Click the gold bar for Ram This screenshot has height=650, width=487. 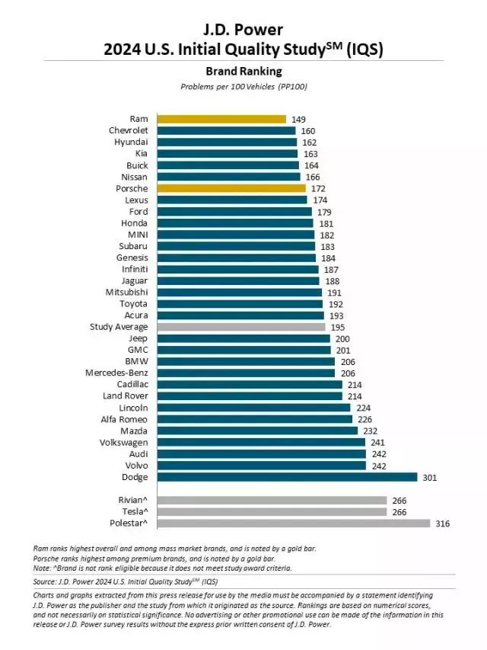[221, 119]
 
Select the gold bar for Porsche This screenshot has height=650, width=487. [231, 188]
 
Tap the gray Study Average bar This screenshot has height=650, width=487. [240, 326]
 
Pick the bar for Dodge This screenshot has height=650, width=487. [287, 477]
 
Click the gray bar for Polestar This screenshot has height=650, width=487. [293, 524]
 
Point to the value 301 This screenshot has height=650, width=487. [430, 477]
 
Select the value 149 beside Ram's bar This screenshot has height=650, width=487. [299, 119]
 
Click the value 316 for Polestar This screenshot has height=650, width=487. [443, 524]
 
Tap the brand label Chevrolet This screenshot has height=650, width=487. [129, 130]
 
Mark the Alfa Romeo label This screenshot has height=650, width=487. [125, 419]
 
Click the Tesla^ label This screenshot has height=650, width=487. [132, 512]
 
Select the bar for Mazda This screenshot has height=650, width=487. [257, 431]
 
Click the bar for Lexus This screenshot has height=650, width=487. [232, 200]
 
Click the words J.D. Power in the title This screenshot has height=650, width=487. [243, 30]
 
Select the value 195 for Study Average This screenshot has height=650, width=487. [337, 326]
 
